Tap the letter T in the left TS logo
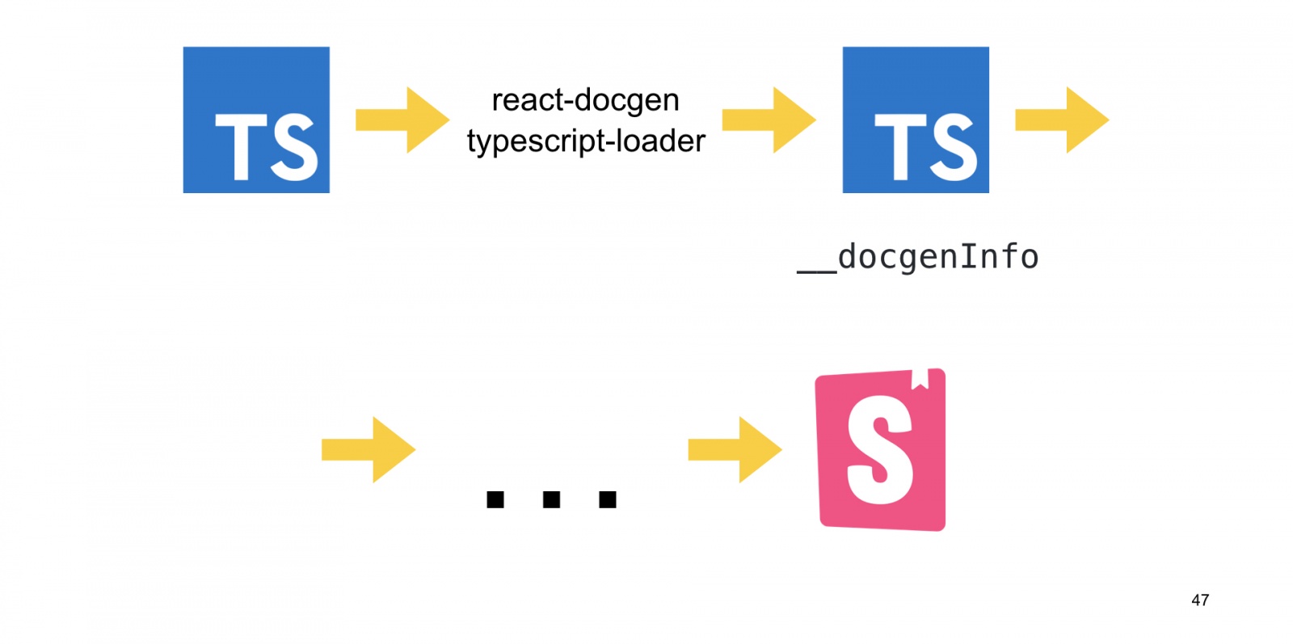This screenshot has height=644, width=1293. point(240,147)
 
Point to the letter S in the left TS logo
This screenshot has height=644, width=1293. point(294,147)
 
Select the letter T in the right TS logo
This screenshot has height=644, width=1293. point(899,147)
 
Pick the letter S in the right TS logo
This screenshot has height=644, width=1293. point(954,147)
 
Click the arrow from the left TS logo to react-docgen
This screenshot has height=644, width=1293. point(402,120)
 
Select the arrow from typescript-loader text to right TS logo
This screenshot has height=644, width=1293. point(769,120)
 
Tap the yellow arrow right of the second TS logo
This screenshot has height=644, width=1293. point(1062,120)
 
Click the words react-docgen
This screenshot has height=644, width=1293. point(585,101)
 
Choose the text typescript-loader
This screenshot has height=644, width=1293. point(586,141)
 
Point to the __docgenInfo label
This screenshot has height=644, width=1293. point(918,257)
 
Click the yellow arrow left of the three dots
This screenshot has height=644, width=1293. point(369,450)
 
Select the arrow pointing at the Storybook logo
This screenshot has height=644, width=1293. point(735,450)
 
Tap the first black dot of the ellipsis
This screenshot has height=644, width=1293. point(495,499)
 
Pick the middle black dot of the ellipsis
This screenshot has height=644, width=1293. point(552,499)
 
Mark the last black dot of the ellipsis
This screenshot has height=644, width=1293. point(608,499)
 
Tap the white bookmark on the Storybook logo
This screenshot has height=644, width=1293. point(920,378)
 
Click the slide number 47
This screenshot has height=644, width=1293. point(1200,600)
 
